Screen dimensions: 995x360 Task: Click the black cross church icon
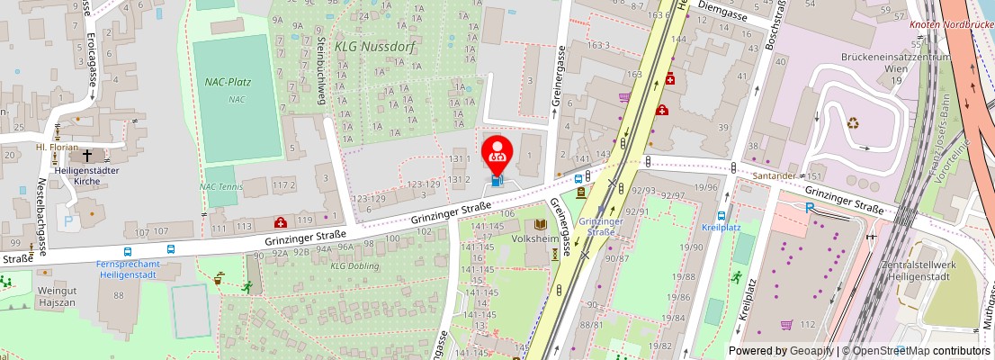click(87, 154)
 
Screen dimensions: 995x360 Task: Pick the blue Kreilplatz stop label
click(721, 228)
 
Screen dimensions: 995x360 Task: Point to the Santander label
click(775, 175)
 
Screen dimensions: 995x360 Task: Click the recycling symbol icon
click(852, 123)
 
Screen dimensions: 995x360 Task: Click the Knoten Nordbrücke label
click(951, 24)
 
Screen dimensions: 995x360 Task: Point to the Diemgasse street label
click(731, 13)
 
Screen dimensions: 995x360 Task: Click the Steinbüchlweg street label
click(320, 70)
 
